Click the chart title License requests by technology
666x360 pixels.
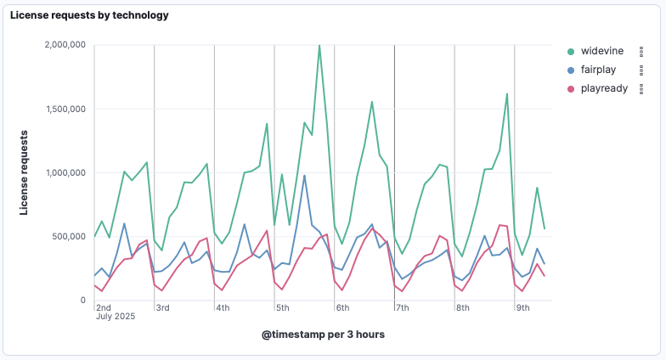pyautogui.click(x=89, y=15)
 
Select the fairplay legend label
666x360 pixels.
pyautogui.click(x=600, y=70)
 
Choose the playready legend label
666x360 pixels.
pyautogui.click(x=604, y=88)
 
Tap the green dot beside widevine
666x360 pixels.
pyautogui.click(x=571, y=51)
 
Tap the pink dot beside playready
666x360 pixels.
pyautogui.click(x=571, y=88)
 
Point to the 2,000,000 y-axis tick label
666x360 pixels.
pyautogui.click(x=65, y=45)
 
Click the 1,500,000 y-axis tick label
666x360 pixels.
pyautogui.click(x=65, y=109)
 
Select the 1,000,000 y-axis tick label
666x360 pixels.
pyautogui.click(x=65, y=172)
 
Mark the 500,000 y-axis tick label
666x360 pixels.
pyautogui.click(x=71, y=236)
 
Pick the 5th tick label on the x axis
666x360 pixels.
pyautogui.click(x=283, y=307)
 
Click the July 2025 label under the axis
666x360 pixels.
pyautogui.click(x=116, y=318)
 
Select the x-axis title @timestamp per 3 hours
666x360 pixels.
pyautogui.click(x=323, y=335)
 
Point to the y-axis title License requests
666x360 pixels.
pyautogui.click(x=25, y=172)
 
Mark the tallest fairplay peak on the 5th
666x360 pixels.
pyautogui.click(x=304, y=176)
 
